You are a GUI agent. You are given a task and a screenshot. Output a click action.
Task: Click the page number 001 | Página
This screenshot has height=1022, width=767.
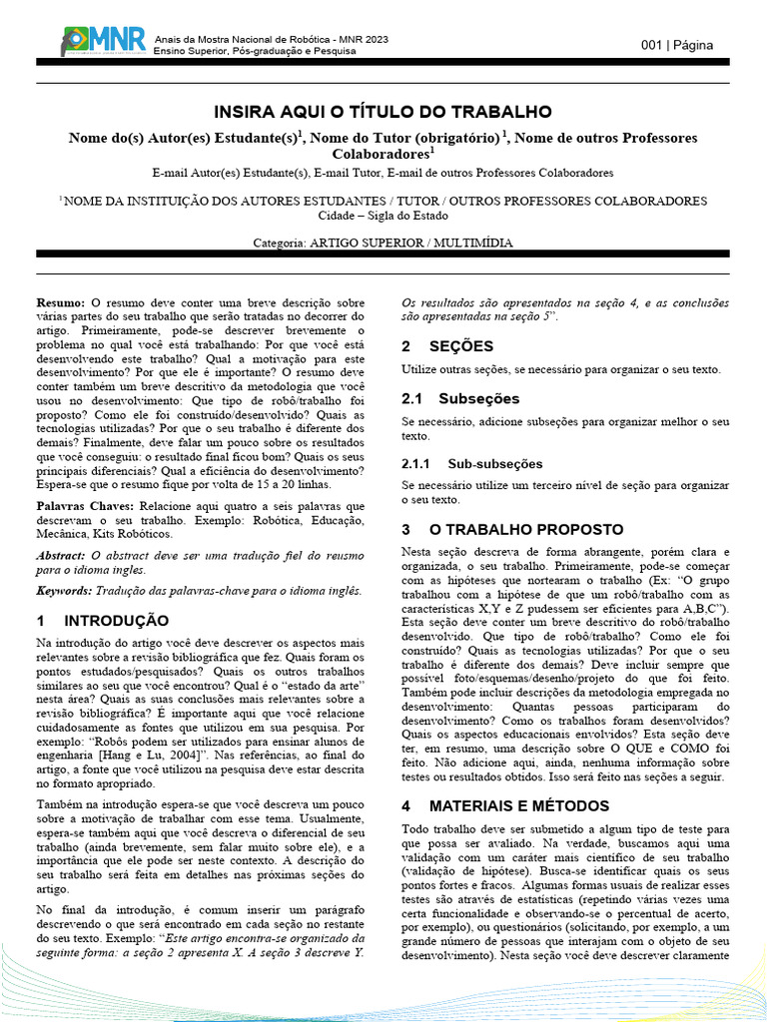pos(684,45)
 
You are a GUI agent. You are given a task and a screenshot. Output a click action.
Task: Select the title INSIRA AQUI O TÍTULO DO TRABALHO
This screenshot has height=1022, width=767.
pos(383,111)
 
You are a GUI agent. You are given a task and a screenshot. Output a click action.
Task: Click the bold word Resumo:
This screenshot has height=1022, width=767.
pos(61,301)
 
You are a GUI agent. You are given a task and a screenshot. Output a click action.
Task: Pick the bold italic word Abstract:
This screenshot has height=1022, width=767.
pos(61,555)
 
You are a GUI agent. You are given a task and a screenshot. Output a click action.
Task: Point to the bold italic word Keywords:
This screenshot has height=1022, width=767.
pos(65,591)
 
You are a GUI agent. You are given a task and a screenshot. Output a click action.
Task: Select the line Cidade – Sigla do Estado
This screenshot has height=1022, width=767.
pos(383,216)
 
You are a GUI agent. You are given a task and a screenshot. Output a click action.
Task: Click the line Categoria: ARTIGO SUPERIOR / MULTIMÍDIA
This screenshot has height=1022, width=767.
pos(383,243)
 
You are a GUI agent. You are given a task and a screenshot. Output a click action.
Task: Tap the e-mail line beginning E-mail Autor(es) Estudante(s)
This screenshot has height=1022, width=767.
pos(383,173)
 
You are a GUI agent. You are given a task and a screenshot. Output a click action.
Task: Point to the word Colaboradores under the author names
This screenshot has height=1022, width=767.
pos(381,156)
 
